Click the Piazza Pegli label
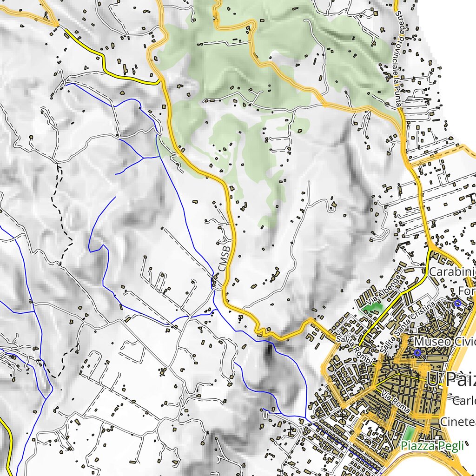432,447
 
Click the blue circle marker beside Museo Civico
417,353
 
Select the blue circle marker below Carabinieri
457,303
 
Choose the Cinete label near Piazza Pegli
458,422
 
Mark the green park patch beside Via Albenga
376,307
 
